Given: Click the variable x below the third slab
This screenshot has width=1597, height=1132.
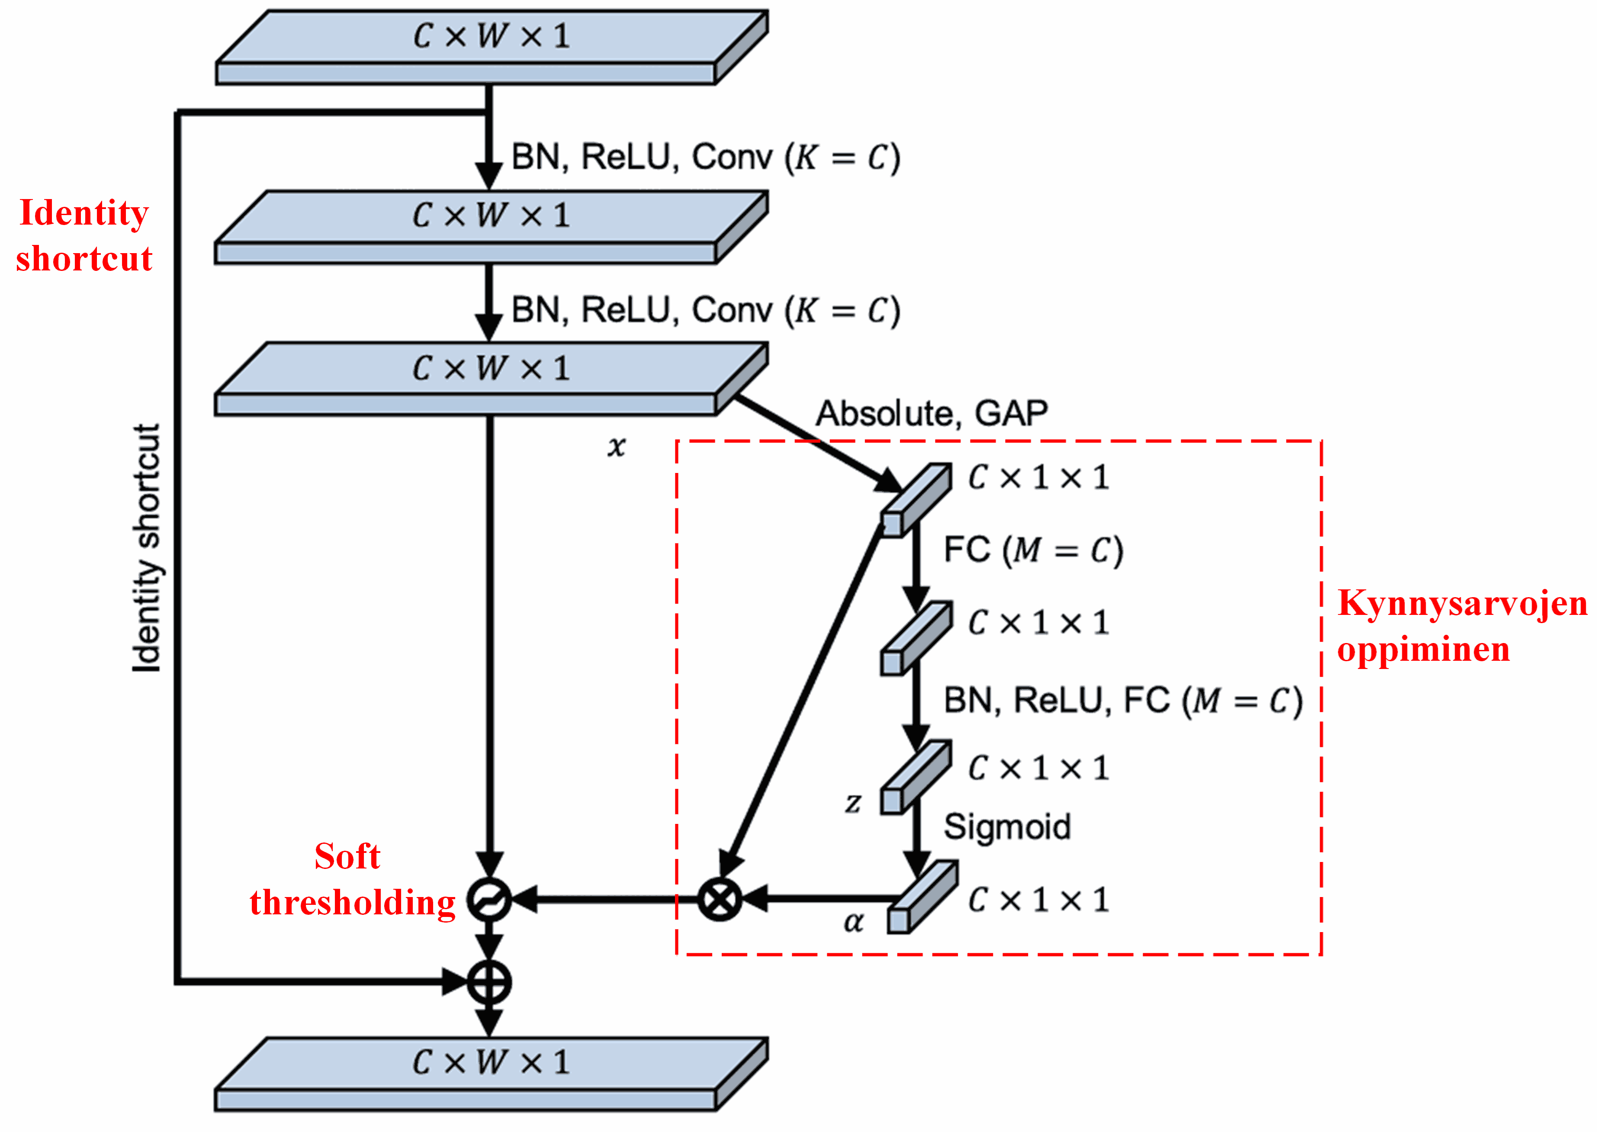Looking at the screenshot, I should click(x=616, y=446).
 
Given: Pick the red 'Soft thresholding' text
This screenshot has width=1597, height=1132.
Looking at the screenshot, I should click(x=352, y=880).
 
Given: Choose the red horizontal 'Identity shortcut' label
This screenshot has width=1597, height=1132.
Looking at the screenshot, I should click(x=84, y=235).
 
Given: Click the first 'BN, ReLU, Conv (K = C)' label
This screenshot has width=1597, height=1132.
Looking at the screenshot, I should click(x=705, y=158).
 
